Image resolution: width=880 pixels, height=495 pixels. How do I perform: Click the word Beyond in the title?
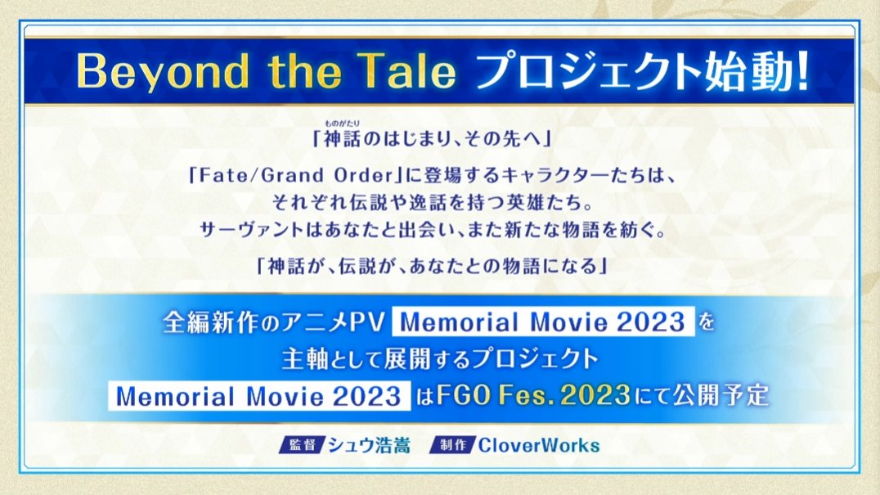[162, 71]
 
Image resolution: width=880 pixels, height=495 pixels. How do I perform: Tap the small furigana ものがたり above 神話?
[342, 123]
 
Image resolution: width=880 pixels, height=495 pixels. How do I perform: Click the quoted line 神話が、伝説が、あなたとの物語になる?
[432, 265]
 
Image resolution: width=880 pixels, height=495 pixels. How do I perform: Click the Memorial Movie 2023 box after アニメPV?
[543, 322]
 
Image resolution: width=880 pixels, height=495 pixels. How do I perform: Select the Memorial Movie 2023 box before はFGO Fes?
[259, 396]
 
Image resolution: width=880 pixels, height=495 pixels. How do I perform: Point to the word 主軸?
[305, 359]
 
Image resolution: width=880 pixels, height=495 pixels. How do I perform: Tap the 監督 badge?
[302, 445]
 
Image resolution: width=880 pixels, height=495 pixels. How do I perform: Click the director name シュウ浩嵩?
[369, 445]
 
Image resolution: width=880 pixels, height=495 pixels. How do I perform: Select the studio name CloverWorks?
[539, 445]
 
